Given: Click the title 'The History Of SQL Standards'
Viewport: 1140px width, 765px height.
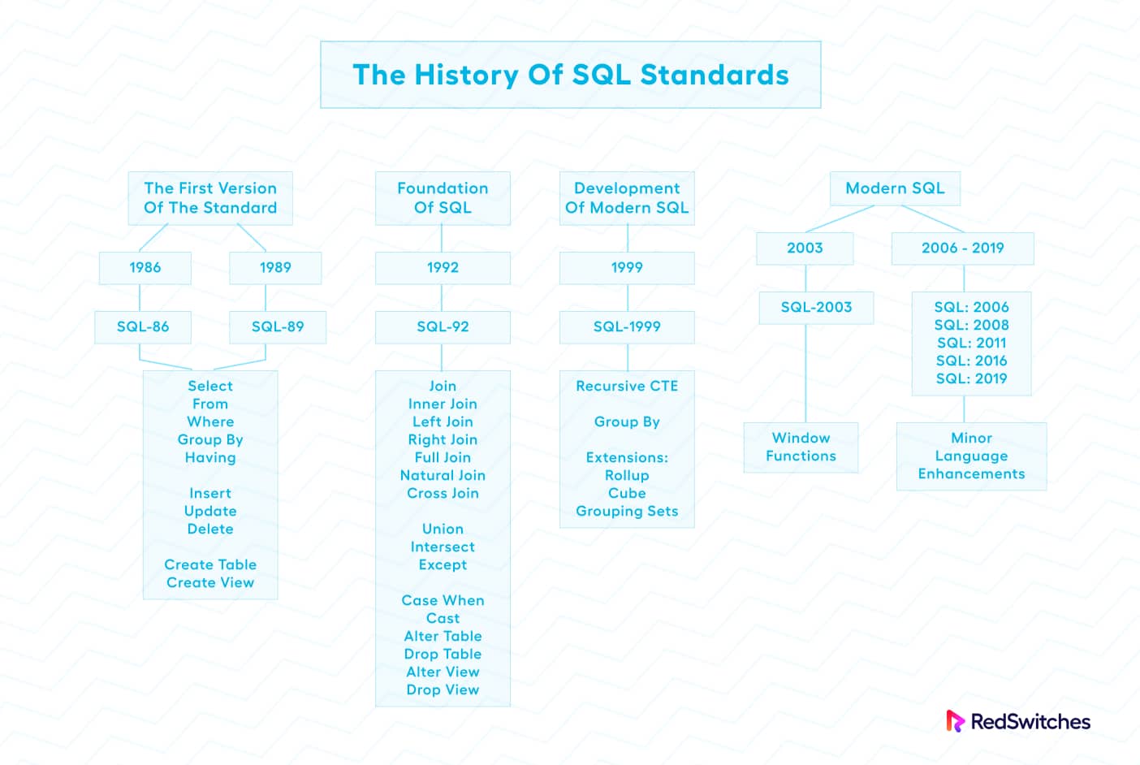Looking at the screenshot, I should (x=570, y=75).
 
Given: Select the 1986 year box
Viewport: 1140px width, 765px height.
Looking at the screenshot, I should (x=145, y=268).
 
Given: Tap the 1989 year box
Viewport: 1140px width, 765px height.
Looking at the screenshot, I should (x=275, y=268).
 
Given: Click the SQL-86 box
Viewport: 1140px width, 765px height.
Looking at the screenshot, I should (x=143, y=327).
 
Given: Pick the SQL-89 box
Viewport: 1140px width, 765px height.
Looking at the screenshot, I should (x=278, y=327).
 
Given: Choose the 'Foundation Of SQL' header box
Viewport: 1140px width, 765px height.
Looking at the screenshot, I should (x=443, y=198).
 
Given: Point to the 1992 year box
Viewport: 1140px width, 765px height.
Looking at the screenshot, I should (x=443, y=268).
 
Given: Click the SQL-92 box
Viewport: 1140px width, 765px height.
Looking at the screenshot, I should (x=443, y=327).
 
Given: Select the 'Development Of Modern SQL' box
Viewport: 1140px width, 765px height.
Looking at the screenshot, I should (x=627, y=198).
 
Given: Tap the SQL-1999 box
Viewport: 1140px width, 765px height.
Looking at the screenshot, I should (x=627, y=327).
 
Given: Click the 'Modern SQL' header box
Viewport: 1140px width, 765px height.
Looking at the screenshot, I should (x=895, y=188).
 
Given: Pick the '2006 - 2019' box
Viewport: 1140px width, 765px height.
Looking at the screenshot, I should (x=962, y=249).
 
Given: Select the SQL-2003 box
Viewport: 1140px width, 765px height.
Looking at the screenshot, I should (x=816, y=308).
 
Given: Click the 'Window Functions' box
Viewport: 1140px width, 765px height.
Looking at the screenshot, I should (x=801, y=447).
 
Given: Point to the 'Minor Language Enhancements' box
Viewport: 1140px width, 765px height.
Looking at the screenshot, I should (x=971, y=456).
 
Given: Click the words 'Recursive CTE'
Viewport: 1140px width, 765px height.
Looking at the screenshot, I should (x=627, y=387).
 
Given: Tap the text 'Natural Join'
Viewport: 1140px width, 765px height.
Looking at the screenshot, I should (x=443, y=476).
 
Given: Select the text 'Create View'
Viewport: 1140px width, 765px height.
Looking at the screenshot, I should (x=210, y=583).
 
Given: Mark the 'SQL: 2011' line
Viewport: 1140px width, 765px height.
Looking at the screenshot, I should (x=971, y=344).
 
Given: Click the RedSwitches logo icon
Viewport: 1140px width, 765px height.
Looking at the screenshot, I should (x=955, y=721).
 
